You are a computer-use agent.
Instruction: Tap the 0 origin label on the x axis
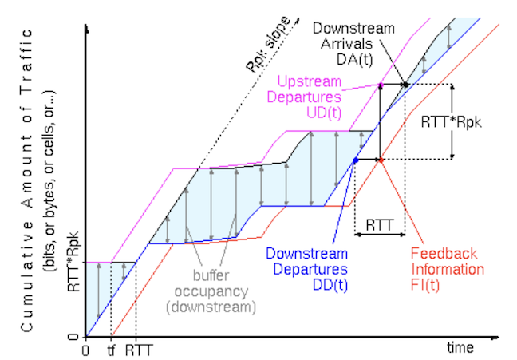85,349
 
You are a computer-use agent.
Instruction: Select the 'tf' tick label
111,349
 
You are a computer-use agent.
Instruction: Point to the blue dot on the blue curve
355,160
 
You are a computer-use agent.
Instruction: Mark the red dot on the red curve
381,160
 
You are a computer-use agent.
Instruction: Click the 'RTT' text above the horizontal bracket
379,225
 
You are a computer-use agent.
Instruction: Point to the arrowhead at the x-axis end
501,337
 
